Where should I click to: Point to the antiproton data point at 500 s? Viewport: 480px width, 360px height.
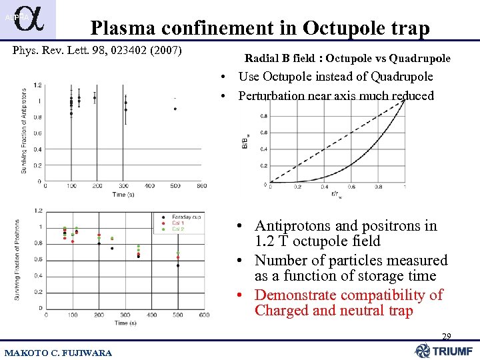tap(175, 109)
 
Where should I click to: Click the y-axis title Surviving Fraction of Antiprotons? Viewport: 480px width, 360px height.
tap(24, 131)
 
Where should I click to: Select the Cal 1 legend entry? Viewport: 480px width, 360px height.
tap(176, 223)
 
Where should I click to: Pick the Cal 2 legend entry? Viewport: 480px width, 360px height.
tap(176, 229)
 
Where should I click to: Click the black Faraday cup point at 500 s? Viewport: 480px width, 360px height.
tap(178, 265)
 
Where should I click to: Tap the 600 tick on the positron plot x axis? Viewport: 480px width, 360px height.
tap(203, 315)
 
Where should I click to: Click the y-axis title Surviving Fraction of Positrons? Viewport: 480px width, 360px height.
tap(24, 260)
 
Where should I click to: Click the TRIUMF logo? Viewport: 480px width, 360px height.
tap(445, 351)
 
